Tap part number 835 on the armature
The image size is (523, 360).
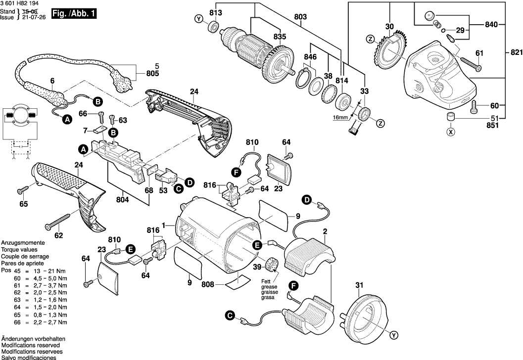coord(280,36)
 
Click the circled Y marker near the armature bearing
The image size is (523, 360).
coord(199,19)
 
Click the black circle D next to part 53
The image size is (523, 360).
coord(189,183)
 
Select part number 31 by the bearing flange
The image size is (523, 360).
coord(359,284)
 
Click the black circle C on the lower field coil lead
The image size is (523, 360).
coord(229,315)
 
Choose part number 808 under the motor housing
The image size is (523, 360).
coord(208,284)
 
